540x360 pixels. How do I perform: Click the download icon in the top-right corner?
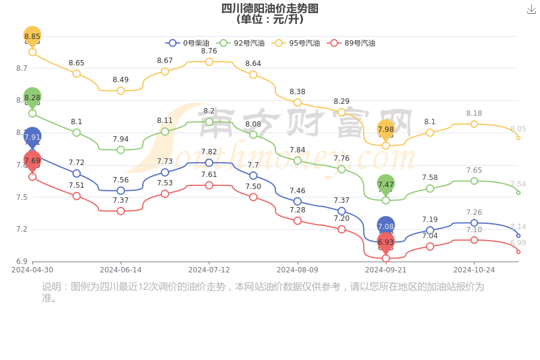click(x=531, y=9)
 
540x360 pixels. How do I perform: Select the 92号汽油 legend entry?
click(x=241, y=43)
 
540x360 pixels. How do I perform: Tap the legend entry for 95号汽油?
click(x=296, y=43)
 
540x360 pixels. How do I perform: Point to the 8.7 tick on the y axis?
click(x=22, y=68)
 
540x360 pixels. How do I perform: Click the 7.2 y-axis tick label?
click(x=22, y=229)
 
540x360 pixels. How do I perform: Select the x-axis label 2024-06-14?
click(x=121, y=270)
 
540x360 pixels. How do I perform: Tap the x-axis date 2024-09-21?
click(x=386, y=270)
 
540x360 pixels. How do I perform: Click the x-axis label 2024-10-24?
click(x=474, y=270)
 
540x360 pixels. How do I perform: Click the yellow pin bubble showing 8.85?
click(x=32, y=36)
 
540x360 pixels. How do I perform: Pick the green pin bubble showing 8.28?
click(x=32, y=97)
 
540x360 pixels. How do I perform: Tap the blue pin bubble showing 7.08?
click(x=386, y=226)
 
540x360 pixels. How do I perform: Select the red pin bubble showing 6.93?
click(x=386, y=242)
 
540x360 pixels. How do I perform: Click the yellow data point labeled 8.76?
click(x=209, y=62)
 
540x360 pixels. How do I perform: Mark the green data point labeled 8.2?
click(x=209, y=122)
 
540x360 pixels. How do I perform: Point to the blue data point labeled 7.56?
click(x=121, y=191)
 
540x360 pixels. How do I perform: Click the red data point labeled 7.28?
click(x=298, y=221)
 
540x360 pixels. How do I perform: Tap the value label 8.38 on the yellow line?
click(x=298, y=92)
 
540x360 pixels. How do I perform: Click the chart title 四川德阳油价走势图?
click(x=269, y=8)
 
